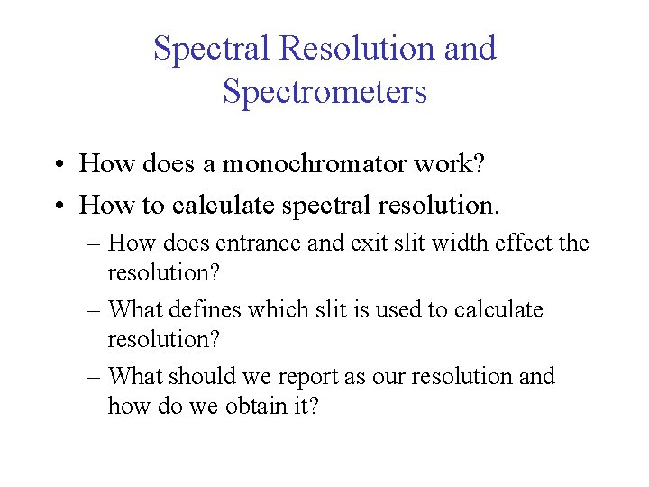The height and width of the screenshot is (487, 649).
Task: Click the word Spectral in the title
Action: click(211, 49)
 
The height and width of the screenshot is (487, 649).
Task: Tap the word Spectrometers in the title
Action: click(324, 92)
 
